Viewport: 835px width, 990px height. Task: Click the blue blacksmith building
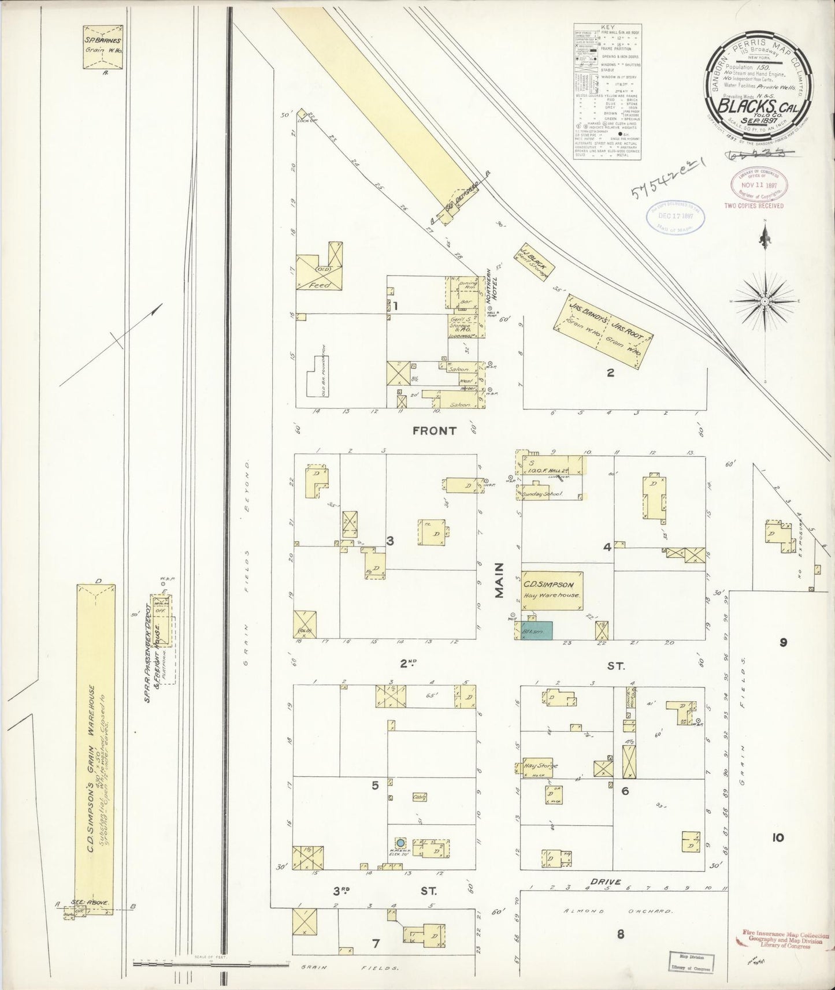tap(537, 630)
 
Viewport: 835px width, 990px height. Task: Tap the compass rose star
tap(764, 301)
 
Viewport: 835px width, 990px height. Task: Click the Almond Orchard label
tap(618, 911)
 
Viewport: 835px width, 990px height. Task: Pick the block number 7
tap(376, 944)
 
